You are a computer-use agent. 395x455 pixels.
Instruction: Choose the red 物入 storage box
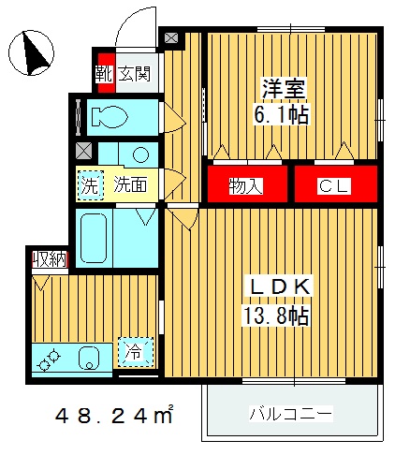click(245, 185)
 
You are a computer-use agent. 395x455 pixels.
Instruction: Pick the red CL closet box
click(334, 185)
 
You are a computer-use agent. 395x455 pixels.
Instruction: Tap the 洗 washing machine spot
click(89, 184)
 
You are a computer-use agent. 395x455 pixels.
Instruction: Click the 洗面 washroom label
click(130, 184)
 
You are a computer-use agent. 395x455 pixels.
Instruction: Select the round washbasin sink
click(139, 154)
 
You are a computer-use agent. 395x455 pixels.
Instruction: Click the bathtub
click(93, 238)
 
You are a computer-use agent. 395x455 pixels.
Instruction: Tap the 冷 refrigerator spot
click(135, 352)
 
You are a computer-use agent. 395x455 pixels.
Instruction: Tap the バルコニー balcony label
click(291, 414)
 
